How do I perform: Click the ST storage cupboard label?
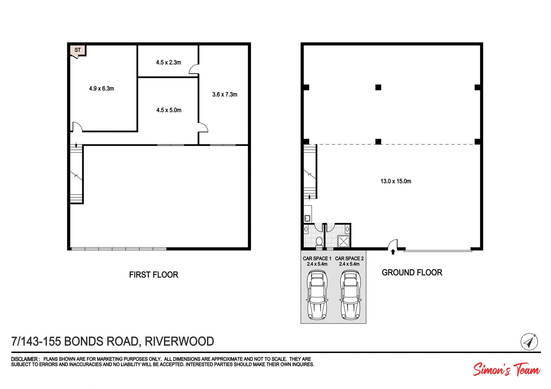[x=77, y=50]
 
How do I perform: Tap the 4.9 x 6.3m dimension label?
[x=102, y=89]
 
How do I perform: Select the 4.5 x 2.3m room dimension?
[x=168, y=62]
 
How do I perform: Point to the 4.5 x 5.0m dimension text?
[x=169, y=110]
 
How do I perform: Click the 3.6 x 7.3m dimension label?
[x=225, y=95]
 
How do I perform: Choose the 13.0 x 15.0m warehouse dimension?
[x=396, y=181]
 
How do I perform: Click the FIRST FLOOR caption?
[x=154, y=275]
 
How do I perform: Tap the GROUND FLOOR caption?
[x=412, y=272]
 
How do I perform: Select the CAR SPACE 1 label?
[x=317, y=259]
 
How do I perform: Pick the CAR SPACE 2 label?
[x=349, y=259]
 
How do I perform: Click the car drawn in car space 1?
[x=317, y=295]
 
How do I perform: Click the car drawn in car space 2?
[x=350, y=295]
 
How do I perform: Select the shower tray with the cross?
[x=343, y=241]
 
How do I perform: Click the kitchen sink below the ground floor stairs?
[x=307, y=218]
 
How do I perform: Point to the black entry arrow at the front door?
[x=393, y=252]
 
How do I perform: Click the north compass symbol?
[x=529, y=342]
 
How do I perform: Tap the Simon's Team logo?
[x=507, y=370]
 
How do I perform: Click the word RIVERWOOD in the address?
[x=179, y=341]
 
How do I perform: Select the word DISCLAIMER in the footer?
[x=24, y=359]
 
